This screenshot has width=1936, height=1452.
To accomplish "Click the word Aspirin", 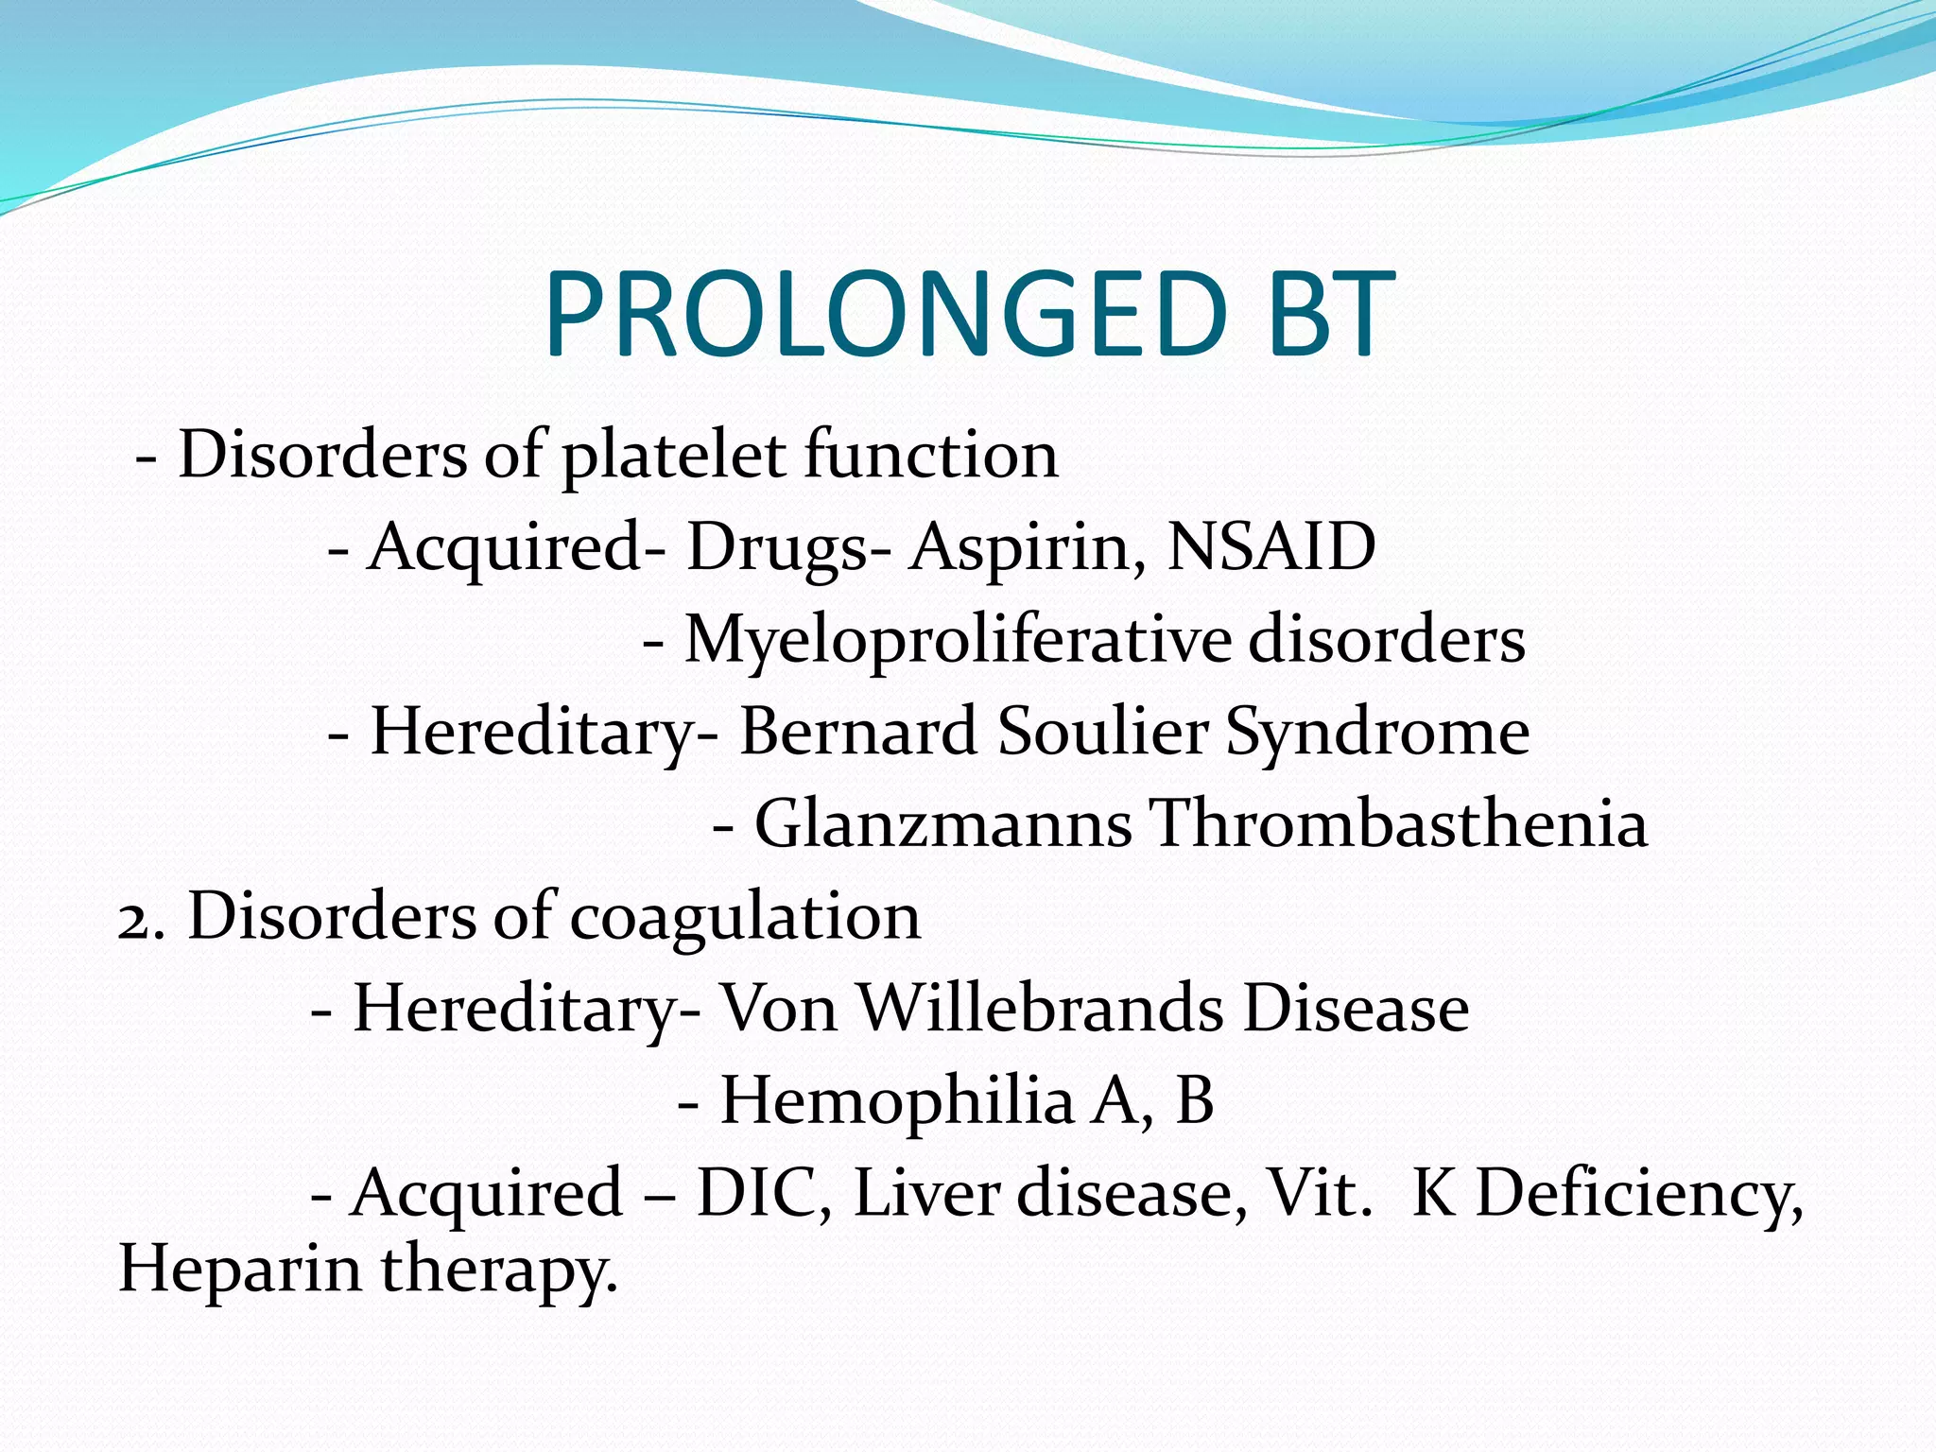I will click(x=1027, y=548).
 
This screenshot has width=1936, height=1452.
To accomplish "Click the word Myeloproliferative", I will click(x=958, y=641).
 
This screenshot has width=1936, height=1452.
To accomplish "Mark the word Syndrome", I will click(x=1377, y=734).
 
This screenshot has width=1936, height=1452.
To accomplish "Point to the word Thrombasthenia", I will click(x=1399, y=823).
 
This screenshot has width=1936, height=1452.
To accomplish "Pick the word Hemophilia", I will click(x=897, y=1100).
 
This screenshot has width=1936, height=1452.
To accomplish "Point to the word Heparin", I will click(x=239, y=1269).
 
